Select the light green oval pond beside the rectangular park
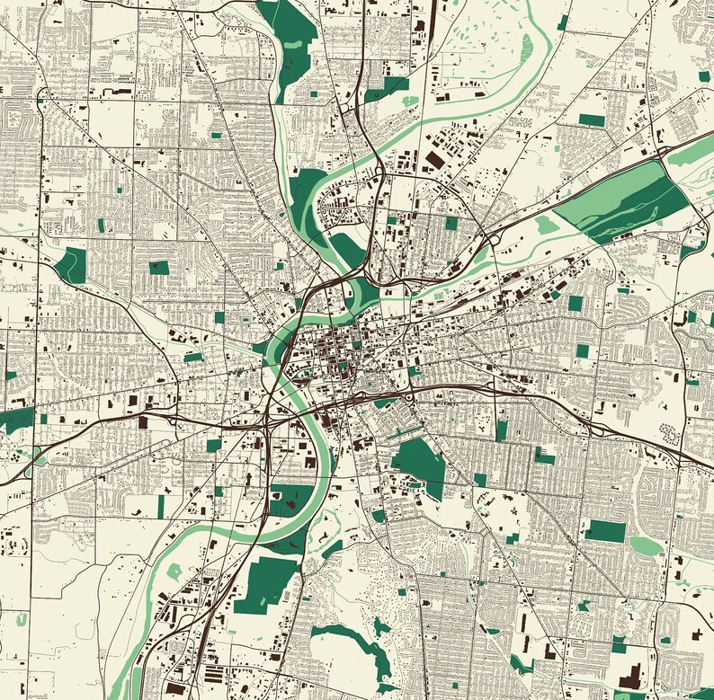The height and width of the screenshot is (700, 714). (x=644, y=545)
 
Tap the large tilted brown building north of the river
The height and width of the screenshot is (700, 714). (x=434, y=160)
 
